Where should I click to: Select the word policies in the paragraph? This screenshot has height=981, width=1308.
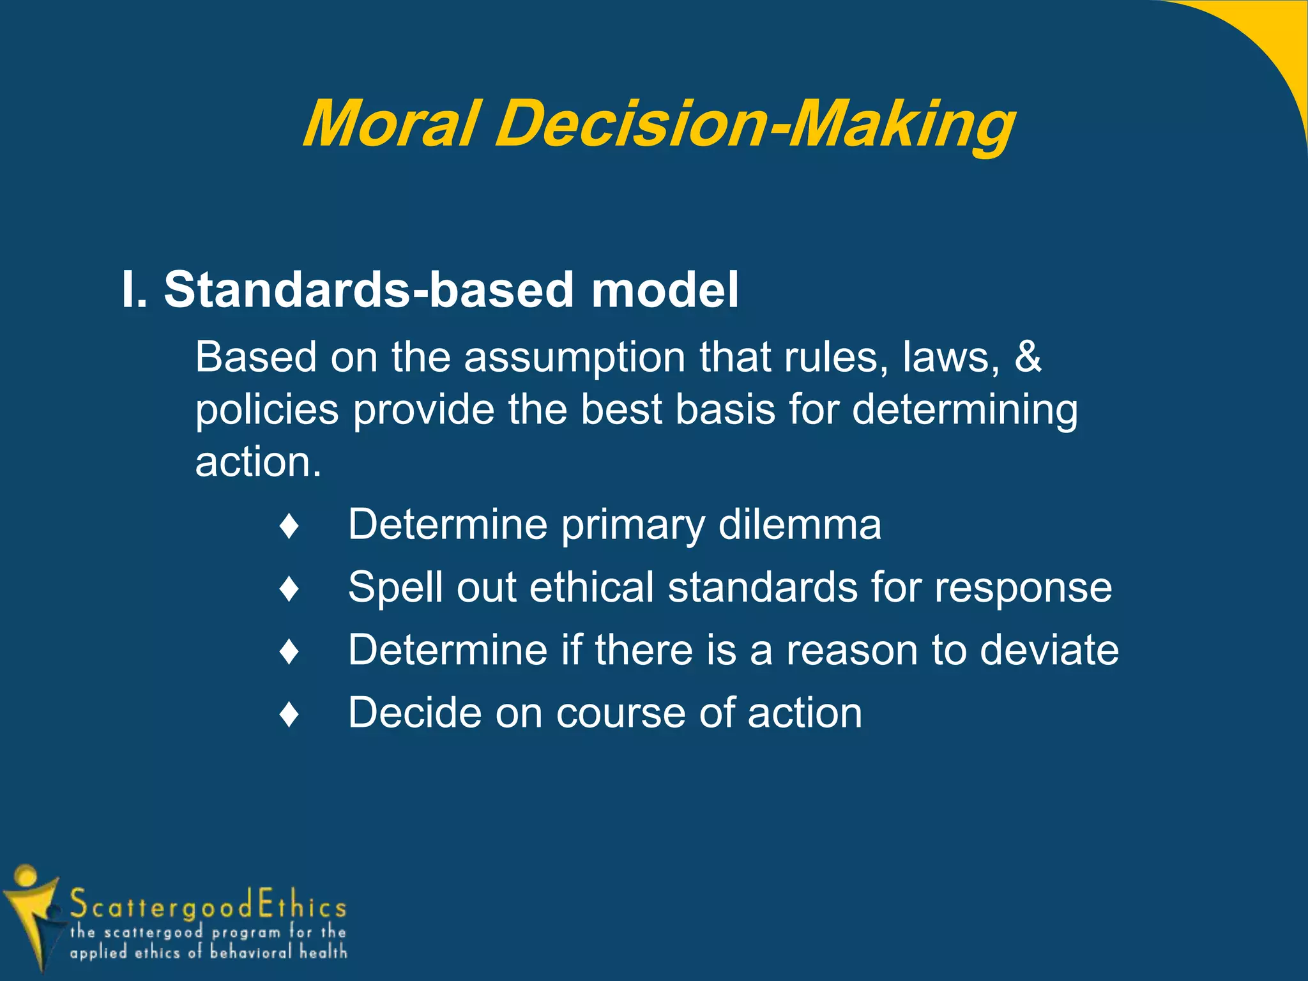point(266,410)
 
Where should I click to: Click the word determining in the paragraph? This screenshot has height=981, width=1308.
point(964,410)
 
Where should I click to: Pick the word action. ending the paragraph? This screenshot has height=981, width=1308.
point(258,462)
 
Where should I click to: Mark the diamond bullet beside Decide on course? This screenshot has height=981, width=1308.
point(289,714)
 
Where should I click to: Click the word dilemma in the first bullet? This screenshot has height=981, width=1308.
point(800,525)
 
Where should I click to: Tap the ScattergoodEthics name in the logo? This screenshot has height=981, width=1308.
point(208,906)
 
